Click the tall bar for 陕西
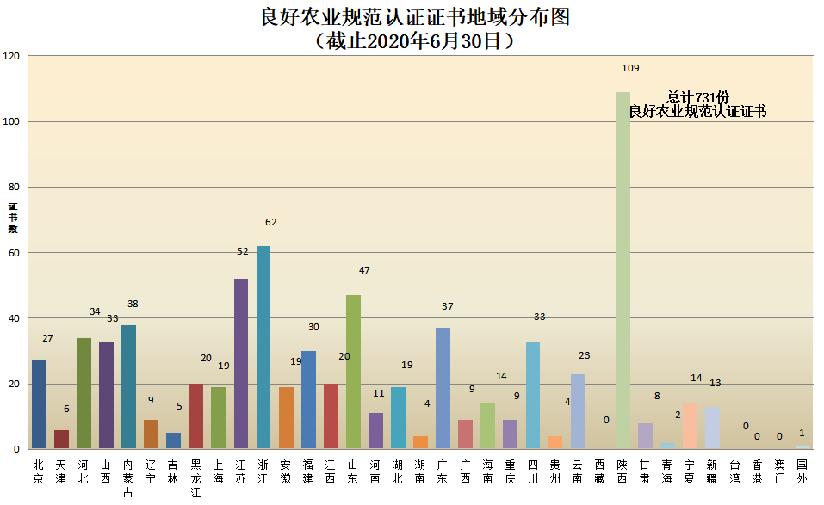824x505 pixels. (623, 270)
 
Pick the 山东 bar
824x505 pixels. (353, 372)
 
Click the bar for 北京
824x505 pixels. (39, 404)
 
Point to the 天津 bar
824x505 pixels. (61, 439)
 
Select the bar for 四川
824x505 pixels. (533, 395)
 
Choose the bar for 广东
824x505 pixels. (443, 388)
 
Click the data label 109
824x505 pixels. (630, 68)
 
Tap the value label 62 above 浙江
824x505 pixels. (271, 222)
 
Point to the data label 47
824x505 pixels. (364, 270)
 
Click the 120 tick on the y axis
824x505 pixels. (11, 56)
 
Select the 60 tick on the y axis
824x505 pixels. (14, 253)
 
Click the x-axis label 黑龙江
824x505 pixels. (196, 478)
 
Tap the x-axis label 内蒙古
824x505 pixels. (128, 478)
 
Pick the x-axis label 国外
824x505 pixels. (802, 471)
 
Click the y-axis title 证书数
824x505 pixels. (13, 218)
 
